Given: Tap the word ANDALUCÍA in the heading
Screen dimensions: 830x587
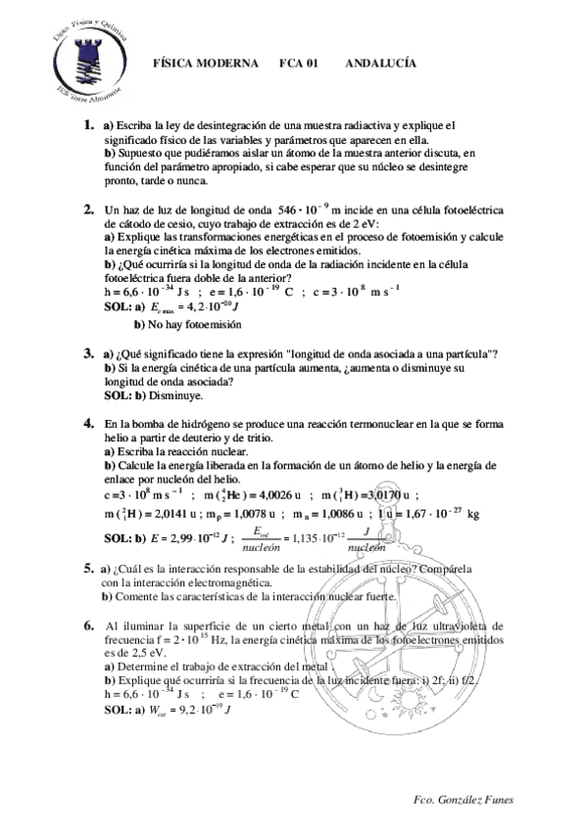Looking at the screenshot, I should (x=381, y=63).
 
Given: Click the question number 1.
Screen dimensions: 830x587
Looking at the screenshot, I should (x=88, y=125).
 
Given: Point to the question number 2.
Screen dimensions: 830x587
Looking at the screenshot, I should (x=88, y=208).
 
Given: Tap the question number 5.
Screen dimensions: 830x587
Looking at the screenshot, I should (x=88, y=568).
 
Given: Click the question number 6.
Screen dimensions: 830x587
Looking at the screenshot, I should (x=88, y=624).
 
